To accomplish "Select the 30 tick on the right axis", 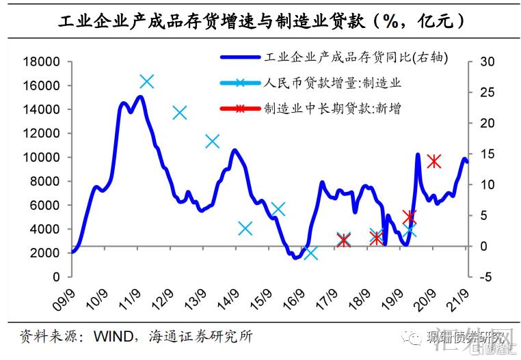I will click(486, 62).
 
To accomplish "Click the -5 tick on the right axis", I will click(486, 277).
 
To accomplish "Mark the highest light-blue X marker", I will click(146, 81).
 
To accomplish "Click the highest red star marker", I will click(433, 161).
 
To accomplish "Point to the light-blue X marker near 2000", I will click(311, 253).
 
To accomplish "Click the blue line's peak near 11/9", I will click(139, 96).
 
